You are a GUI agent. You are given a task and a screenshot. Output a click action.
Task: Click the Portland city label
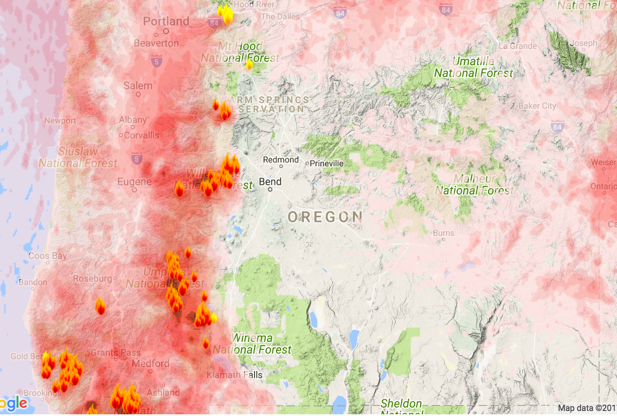point(166,21)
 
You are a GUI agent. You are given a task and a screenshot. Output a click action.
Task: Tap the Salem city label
point(138,86)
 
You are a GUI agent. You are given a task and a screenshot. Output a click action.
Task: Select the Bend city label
point(270,182)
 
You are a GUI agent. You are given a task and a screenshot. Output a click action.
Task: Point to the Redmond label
point(281,160)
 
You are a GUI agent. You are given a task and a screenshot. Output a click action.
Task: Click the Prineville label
point(326,164)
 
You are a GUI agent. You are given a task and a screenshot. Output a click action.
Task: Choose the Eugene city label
point(134,182)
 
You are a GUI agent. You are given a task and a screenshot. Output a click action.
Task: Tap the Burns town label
point(443,233)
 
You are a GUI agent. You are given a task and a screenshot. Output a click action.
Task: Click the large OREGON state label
point(325,217)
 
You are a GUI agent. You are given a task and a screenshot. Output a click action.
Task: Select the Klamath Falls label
point(234,375)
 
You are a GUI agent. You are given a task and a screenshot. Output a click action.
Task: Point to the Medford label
point(150,363)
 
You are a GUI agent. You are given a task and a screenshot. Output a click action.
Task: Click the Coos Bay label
point(48,256)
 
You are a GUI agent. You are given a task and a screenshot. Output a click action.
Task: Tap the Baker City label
point(537,106)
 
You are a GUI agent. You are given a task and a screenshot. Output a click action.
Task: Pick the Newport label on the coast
point(60,121)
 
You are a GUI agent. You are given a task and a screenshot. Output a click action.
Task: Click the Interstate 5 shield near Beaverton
point(156,62)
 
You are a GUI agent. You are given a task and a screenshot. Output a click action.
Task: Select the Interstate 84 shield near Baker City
point(557,127)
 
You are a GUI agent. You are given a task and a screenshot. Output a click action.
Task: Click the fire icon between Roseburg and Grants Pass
point(100,306)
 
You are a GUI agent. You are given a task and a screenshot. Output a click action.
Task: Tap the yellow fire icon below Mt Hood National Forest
point(249,64)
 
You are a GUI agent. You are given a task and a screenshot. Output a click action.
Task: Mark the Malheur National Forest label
point(474,185)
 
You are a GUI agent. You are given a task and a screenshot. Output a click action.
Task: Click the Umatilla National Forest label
point(473,67)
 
